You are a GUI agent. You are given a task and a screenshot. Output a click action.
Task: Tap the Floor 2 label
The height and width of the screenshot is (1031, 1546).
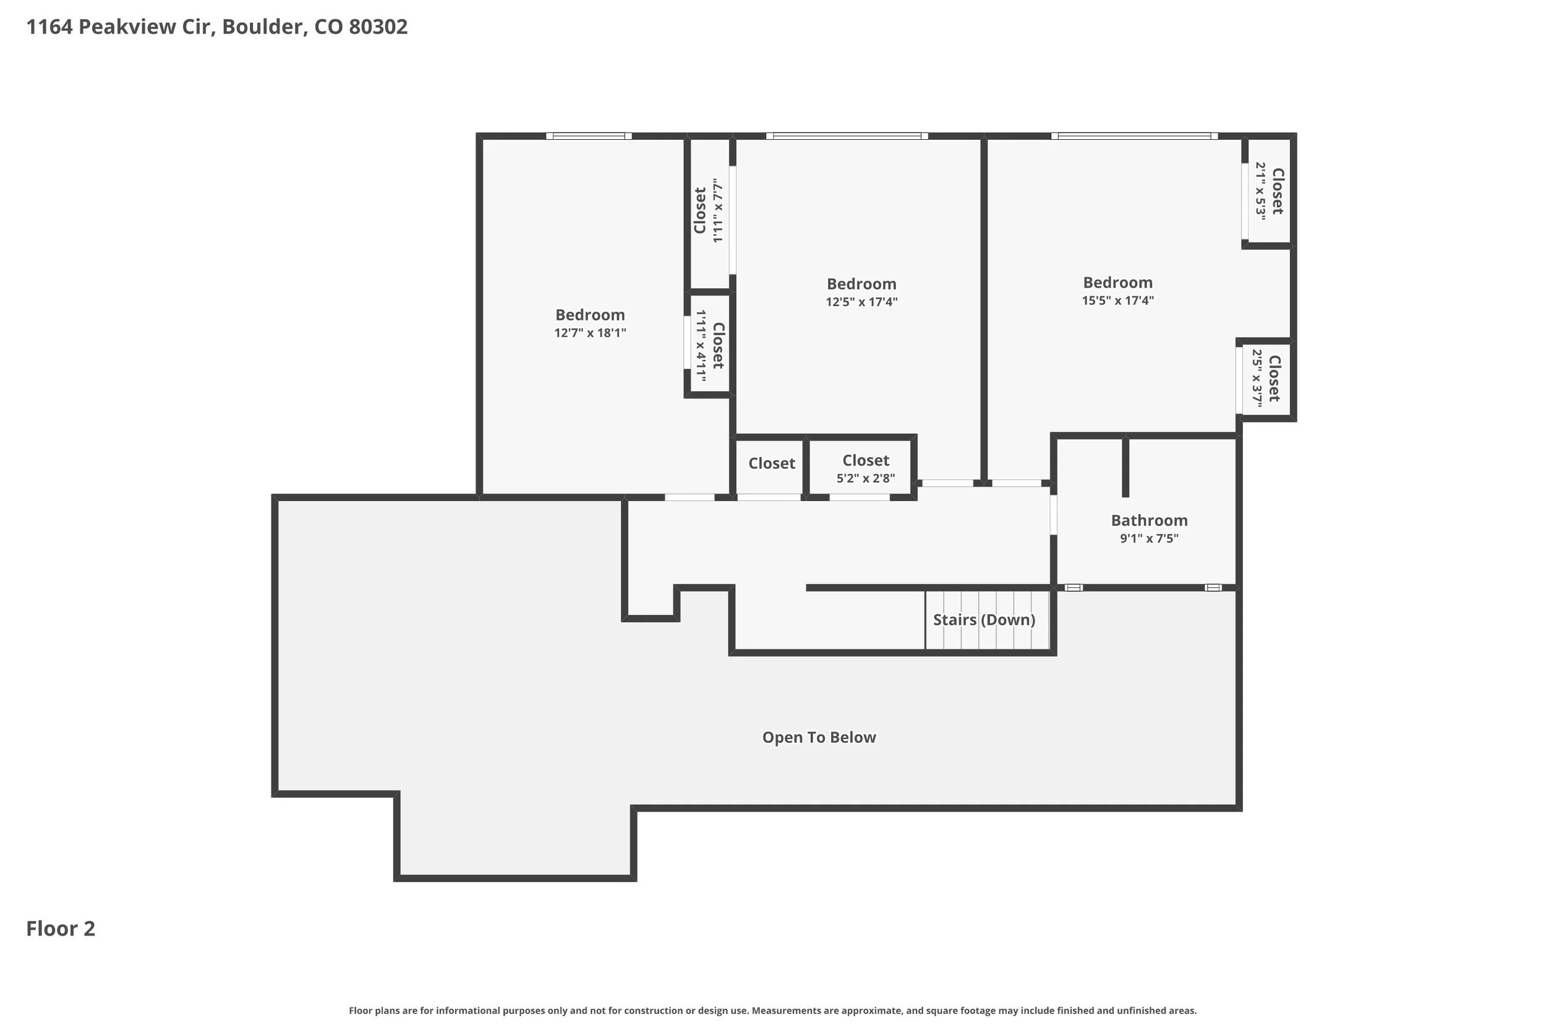61,928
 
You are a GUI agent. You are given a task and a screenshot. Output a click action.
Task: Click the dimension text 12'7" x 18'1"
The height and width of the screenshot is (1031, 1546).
589,333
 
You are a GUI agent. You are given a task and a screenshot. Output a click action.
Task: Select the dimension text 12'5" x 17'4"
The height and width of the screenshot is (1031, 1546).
861,302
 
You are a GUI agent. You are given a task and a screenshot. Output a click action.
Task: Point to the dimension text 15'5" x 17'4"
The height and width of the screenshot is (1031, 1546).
1117,301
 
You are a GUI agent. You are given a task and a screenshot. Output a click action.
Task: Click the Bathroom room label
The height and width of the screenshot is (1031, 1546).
1149,520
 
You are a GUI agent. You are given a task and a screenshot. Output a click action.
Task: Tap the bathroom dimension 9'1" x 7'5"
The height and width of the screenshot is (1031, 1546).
1149,539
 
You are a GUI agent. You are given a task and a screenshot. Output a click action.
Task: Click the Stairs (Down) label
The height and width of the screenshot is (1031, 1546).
984,619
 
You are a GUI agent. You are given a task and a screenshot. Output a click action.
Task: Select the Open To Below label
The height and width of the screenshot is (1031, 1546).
818,737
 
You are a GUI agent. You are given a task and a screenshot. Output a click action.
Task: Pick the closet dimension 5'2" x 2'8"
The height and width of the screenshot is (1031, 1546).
865,478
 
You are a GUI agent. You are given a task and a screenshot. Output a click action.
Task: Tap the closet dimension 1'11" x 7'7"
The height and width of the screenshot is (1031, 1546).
718,210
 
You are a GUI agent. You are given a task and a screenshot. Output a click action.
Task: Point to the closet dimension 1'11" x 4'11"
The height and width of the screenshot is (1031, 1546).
701,346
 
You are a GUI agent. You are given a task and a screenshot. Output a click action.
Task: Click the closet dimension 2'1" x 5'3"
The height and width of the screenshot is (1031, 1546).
1260,190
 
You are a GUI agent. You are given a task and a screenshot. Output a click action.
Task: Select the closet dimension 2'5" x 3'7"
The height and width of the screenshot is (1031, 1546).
1256,378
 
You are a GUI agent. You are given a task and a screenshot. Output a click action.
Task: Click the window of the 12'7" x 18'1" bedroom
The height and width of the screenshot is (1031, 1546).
588,136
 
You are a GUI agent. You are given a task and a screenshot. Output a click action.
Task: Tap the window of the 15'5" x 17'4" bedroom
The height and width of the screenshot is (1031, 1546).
1134,136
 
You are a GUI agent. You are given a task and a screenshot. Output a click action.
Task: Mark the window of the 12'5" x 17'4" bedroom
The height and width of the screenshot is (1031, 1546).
847,136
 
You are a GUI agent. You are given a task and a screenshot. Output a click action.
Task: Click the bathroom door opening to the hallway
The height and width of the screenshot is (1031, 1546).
1053,514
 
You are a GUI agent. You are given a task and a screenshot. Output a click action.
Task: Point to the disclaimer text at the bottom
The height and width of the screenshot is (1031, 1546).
772,1011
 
